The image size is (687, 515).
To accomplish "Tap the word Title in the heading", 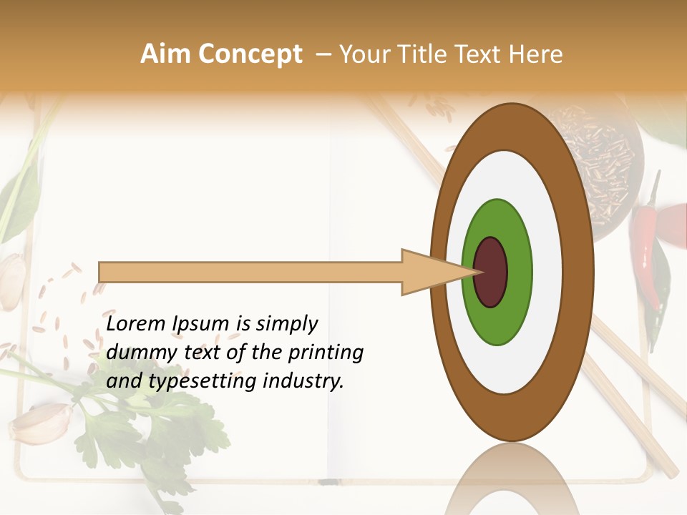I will tap(432, 54).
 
